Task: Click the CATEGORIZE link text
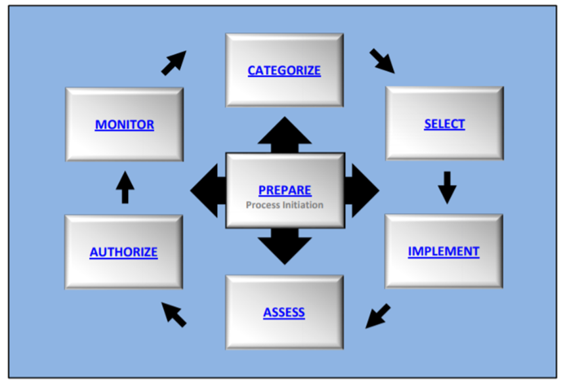point(284,70)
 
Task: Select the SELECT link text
point(444,123)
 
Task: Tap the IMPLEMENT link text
point(444,251)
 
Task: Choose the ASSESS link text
point(284,312)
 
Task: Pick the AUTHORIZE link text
point(123,251)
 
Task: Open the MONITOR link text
point(124,124)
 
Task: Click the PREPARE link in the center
point(285,190)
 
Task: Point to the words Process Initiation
point(285,205)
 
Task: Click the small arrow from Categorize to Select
point(382,60)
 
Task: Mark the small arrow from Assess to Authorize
point(174,314)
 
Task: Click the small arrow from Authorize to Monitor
point(124,187)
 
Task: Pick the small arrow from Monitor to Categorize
point(174,62)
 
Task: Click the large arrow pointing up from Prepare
point(284,133)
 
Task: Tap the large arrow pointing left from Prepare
point(207,191)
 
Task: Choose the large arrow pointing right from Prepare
point(362,191)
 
